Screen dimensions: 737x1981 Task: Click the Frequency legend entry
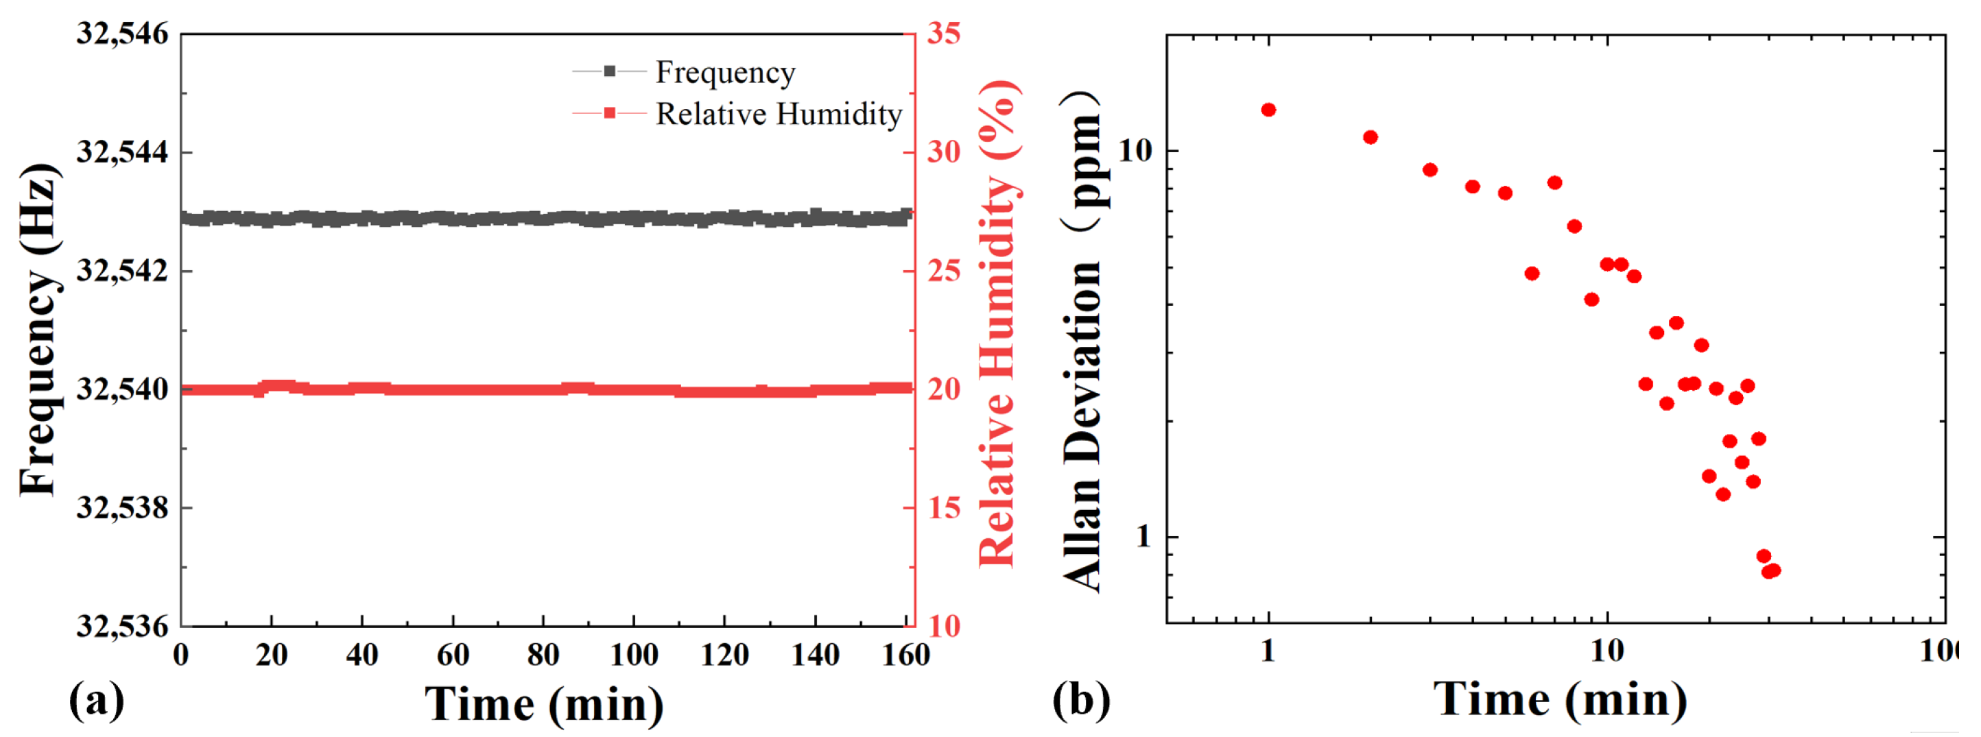click(x=724, y=72)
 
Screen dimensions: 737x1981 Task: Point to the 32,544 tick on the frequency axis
click(x=121, y=152)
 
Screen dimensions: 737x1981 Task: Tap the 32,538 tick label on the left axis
click(x=121, y=508)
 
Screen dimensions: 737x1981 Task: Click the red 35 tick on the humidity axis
click(x=944, y=34)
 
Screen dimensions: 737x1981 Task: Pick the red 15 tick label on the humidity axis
click(x=944, y=508)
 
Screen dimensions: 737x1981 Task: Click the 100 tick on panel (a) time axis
click(x=634, y=655)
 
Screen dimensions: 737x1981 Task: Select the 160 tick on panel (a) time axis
click(x=905, y=655)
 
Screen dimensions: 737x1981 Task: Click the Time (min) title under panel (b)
click(x=1560, y=699)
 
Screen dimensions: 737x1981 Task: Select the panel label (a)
click(x=96, y=699)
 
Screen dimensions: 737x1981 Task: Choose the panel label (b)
click(x=1080, y=699)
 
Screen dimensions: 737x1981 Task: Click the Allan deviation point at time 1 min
click(x=1268, y=110)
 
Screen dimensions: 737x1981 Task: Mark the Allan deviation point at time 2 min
click(x=1371, y=138)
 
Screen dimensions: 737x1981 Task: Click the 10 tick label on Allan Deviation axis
click(x=1135, y=152)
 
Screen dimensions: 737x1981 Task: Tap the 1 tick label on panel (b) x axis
click(x=1268, y=652)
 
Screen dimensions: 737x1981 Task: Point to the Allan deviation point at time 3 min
click(x=1430, y=170)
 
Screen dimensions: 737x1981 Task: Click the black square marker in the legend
click(x=609, y=71)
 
